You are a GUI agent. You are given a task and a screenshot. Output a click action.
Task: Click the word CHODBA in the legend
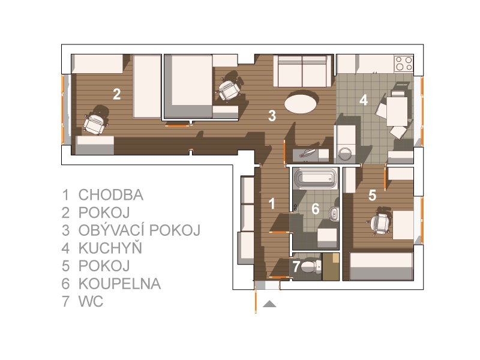[x=111, y=194]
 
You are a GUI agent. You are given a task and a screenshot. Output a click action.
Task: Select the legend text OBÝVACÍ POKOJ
[x=140, y=230]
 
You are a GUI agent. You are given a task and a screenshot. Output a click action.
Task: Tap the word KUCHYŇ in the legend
[x=110, y=247]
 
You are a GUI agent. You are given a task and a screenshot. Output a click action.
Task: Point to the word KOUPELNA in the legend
[x=119, y=284]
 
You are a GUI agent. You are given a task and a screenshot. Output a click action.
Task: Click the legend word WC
[x=91, y=302]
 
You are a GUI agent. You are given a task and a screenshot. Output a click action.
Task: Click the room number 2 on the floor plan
[x=116, y=94]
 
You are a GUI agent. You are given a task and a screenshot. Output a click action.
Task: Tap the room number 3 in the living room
[x=272, y=116]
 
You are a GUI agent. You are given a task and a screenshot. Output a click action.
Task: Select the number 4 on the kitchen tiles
[x=364, y=100]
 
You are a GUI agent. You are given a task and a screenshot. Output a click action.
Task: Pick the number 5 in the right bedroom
[x=372, y=195]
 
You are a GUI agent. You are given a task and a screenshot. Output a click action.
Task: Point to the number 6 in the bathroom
[x=316, y=209]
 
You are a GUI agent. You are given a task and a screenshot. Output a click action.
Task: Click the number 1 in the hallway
[x=272, y=203]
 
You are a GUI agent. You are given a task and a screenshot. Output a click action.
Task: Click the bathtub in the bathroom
[x=316, y=178]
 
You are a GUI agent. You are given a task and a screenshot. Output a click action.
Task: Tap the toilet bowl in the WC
[x=311, y=267]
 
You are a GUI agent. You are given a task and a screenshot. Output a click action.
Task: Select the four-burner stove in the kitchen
[x=403, y=64]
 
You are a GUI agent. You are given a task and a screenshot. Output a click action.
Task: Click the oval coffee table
[x=301, y=104]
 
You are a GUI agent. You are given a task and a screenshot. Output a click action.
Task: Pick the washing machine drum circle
[x=346, y=154]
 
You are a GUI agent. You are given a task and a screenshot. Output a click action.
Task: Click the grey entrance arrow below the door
[x=269, y=304]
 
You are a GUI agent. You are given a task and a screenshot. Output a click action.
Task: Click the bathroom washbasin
[x=334, y=214]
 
